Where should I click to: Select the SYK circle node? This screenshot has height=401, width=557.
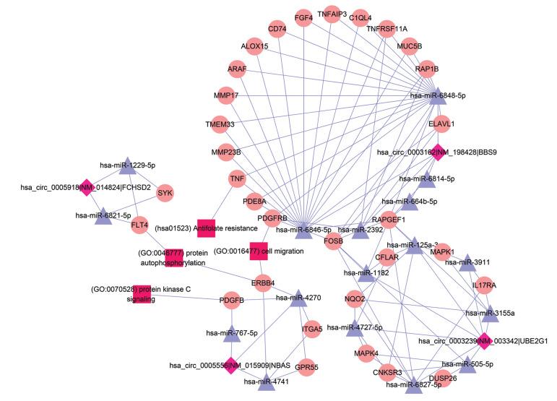pos(166,193)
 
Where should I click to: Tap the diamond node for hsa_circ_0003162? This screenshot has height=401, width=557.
pos(436,152)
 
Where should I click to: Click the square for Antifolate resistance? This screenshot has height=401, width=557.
pos(207,227)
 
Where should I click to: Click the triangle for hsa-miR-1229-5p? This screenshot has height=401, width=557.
pos(126,165)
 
